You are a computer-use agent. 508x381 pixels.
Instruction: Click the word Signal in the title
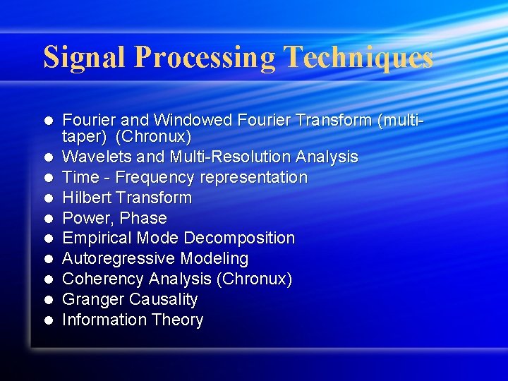click(x=85, y=57)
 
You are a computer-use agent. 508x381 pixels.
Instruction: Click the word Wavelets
click(x=92, y=157)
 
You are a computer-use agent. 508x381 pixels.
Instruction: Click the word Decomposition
click(x=237, y=238)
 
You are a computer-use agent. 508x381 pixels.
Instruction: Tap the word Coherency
click(x=99, y=279)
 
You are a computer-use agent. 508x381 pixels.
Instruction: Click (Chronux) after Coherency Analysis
click(x=255, y=279)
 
